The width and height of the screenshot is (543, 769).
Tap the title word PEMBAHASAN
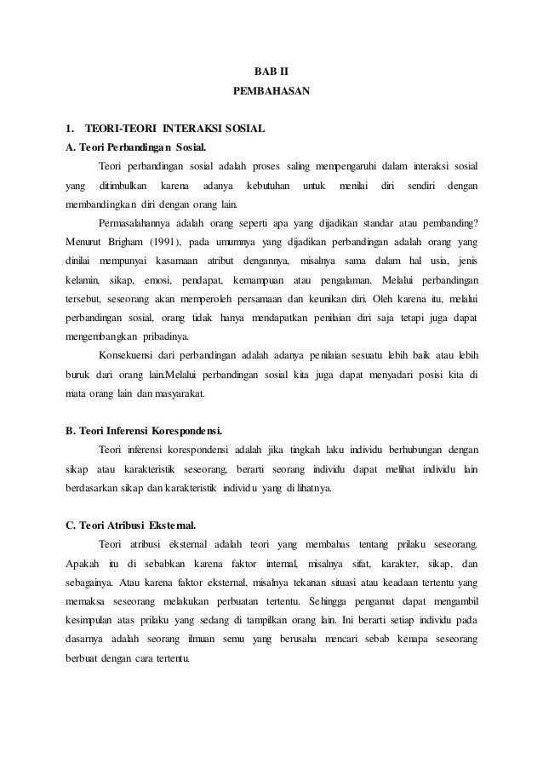tap(271, 88)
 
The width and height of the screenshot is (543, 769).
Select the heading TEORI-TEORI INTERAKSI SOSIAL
tap(175, 129)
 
